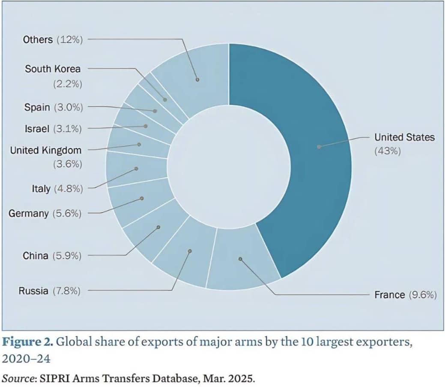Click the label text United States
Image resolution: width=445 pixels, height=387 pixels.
[x=404, y=137]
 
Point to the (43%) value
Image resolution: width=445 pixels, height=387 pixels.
[x=388, y=151]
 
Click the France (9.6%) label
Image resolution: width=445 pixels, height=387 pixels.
[x=405, y=295]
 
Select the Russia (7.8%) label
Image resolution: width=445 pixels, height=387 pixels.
[x=49, y=291]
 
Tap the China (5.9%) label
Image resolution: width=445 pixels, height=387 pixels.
[x=52, y=256]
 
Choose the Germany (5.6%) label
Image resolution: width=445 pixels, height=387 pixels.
[x=45, y=213]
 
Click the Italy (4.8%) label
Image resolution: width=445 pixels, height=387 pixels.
[x=57, y=188]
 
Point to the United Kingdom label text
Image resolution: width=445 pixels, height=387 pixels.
[x=45, y=150]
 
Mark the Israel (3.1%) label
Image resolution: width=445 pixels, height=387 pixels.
[x=52, y=128]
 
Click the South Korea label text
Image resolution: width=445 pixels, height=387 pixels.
[x=52, y=69]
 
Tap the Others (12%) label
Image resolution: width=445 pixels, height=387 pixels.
[x=52, y=39]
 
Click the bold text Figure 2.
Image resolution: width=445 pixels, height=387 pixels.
[x=27, y=342]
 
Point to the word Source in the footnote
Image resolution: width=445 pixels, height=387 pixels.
[x=16, y=379]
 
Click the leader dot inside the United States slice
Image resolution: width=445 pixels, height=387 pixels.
[x=319, y=147]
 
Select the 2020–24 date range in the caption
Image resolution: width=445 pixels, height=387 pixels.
[x=26, y=358]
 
